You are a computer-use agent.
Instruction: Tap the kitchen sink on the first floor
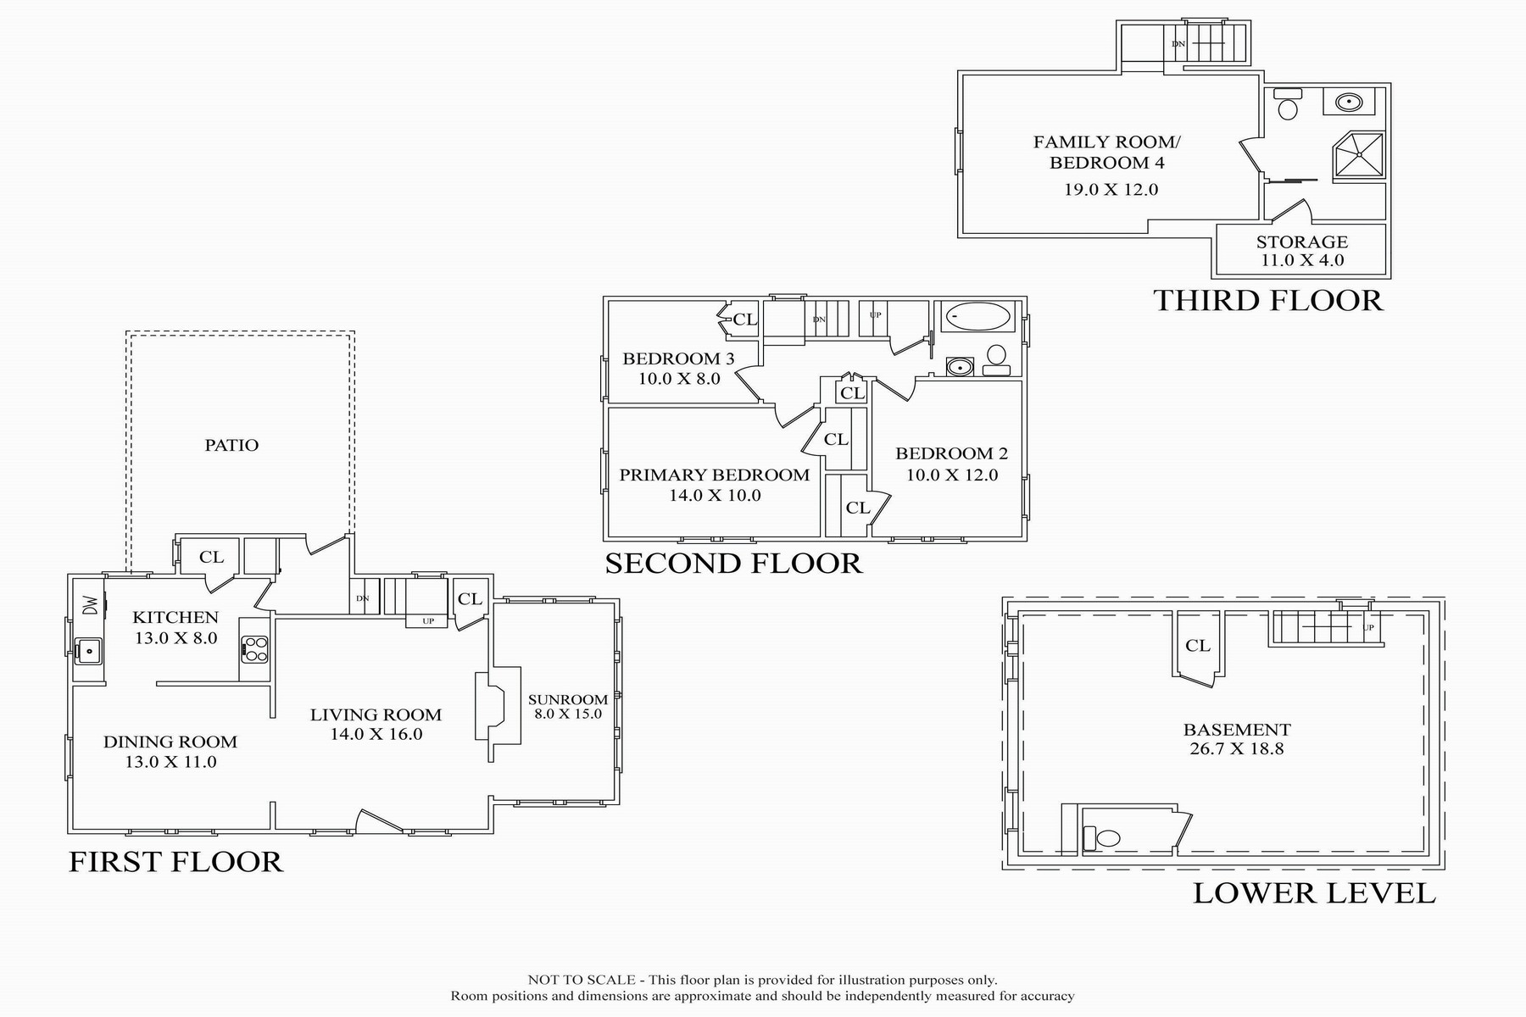86,650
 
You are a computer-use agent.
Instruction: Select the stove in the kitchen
254,650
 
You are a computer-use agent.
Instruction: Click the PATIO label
231,445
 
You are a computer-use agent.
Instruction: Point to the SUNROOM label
567,699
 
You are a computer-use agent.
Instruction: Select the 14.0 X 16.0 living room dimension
376,734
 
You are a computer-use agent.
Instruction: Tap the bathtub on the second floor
978,318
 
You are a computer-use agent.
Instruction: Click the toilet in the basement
1108,839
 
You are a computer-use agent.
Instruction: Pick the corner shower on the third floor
1359,155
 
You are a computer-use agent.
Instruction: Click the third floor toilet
1287,108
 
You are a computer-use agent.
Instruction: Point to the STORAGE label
1302,242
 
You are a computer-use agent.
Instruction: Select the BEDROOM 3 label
678,358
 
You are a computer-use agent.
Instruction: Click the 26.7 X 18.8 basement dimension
1236,748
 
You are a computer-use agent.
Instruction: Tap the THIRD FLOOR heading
1267,300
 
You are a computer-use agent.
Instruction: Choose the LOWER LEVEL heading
1314,892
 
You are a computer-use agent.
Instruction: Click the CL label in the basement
1198,646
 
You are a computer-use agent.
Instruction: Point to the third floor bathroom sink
1348,103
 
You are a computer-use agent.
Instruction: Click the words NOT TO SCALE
582,980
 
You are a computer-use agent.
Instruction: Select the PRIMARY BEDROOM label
715,475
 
